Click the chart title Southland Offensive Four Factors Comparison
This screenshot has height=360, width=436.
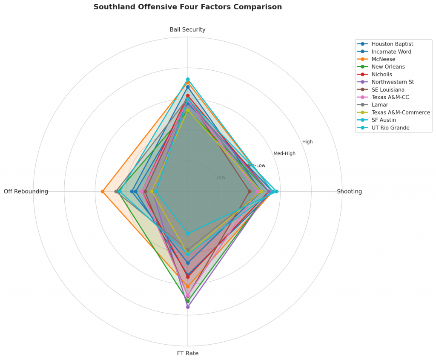(x=187, y=7)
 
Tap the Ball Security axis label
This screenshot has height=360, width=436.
(x=187, y=29)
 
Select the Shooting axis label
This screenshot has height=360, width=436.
(x=349, y=191)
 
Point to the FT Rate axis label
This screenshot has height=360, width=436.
(x=187, y=353)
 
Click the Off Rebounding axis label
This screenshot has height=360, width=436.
(x=26, y=191)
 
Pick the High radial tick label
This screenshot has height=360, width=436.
(x=307, y=142)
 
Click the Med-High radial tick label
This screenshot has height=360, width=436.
(x=284, y=153)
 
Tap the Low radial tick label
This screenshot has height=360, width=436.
(x=221, y=177)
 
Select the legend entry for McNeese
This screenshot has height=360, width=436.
(x=383, y=59)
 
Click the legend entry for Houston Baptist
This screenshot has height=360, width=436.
(x=392, y=44)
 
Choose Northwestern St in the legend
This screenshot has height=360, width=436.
(x=393, y=82)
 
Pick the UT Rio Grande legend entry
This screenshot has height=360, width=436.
(x=390, y=128)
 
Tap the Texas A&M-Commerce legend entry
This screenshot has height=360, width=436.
(x=401, y=112)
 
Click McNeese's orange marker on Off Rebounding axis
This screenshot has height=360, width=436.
(x=103, y=191)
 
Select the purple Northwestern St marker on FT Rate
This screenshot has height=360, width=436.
(x=188, y=307)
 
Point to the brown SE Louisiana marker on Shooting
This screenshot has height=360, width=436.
(x=250, y=191)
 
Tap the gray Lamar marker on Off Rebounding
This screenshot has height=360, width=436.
(x=116, y=191)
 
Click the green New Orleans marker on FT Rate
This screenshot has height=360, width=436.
(x=188, y=301)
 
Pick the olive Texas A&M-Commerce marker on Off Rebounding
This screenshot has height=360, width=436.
(x=152, y=191)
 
